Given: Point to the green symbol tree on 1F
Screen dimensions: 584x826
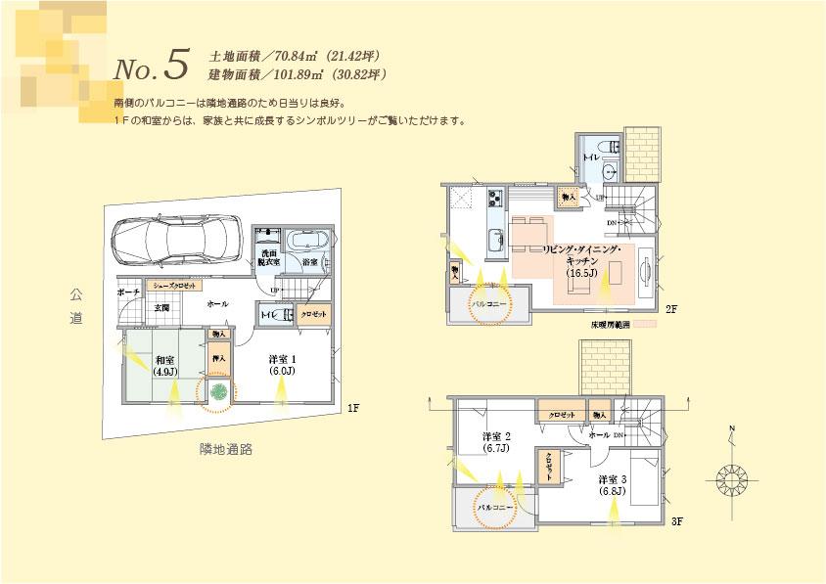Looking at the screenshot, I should tap(218, 391).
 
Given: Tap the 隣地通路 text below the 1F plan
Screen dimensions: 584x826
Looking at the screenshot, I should tap(226, 449).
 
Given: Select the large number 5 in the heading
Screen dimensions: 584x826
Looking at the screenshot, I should tap(175, 64).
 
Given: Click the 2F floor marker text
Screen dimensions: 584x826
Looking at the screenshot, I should tap(671, 309).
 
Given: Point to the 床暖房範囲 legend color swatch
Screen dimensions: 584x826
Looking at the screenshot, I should tap(644, 323).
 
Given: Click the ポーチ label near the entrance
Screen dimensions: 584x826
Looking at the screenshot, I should tap(127, 292).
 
